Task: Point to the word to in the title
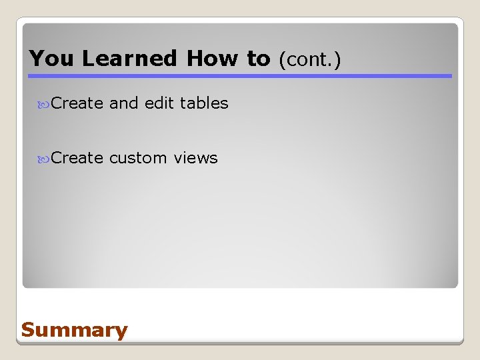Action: click(x=259, y=59)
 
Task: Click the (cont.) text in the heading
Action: click(x=309, y=60)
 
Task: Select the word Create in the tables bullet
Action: click(x=77, y=103)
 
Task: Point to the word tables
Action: click(x=204, y=103)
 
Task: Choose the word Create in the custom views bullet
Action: click(x=77, y=158)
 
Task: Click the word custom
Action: click(x=138, y=158)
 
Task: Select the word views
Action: click(x=195, y=158)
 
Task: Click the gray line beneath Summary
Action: click(x=240, y=343)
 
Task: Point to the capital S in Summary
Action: click(x=28, y=329)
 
